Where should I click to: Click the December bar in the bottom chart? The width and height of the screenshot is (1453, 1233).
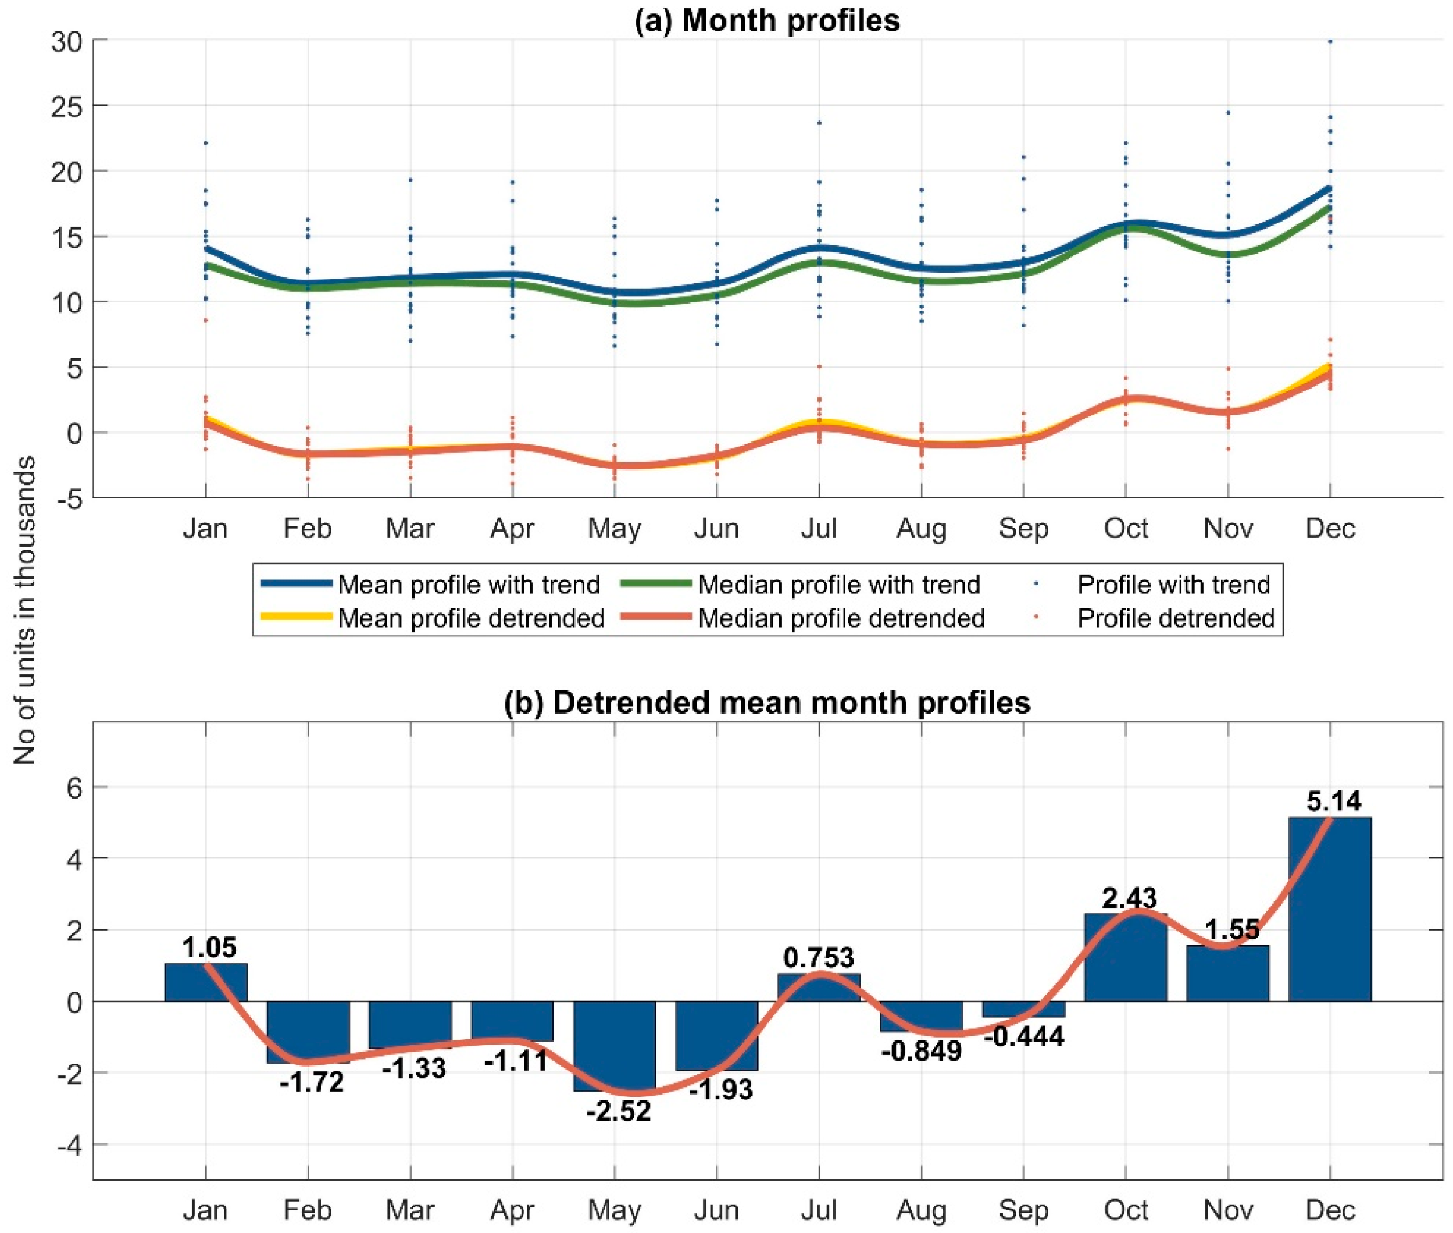[x=1329, y=908]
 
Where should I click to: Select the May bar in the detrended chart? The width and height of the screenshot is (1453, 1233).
[x=615, y=1046]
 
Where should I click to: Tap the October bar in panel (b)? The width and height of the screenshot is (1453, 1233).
[x=1125, y=957]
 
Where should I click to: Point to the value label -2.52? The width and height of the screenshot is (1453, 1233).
[x=619, y=1111]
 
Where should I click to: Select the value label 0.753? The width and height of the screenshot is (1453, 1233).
[x=819, y=957]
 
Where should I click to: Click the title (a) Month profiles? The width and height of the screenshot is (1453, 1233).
[x=767, y=21]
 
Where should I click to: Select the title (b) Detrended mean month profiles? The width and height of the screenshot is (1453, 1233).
[x=767, y=703]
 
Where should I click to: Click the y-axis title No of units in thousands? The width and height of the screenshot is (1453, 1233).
[x=25, y=610]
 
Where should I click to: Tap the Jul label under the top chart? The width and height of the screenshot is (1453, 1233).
[x=819, y=529]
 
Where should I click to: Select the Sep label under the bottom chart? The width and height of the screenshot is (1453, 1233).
[x=1023, y=1210]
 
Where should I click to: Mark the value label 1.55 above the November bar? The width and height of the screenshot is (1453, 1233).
[x=1232, y=929]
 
